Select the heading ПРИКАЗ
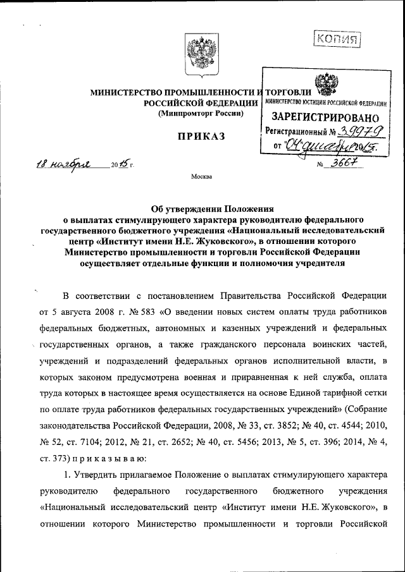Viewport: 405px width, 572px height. point(201,137)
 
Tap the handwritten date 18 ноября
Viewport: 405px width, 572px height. point(63,165)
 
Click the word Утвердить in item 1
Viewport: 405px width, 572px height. point(103,473)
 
